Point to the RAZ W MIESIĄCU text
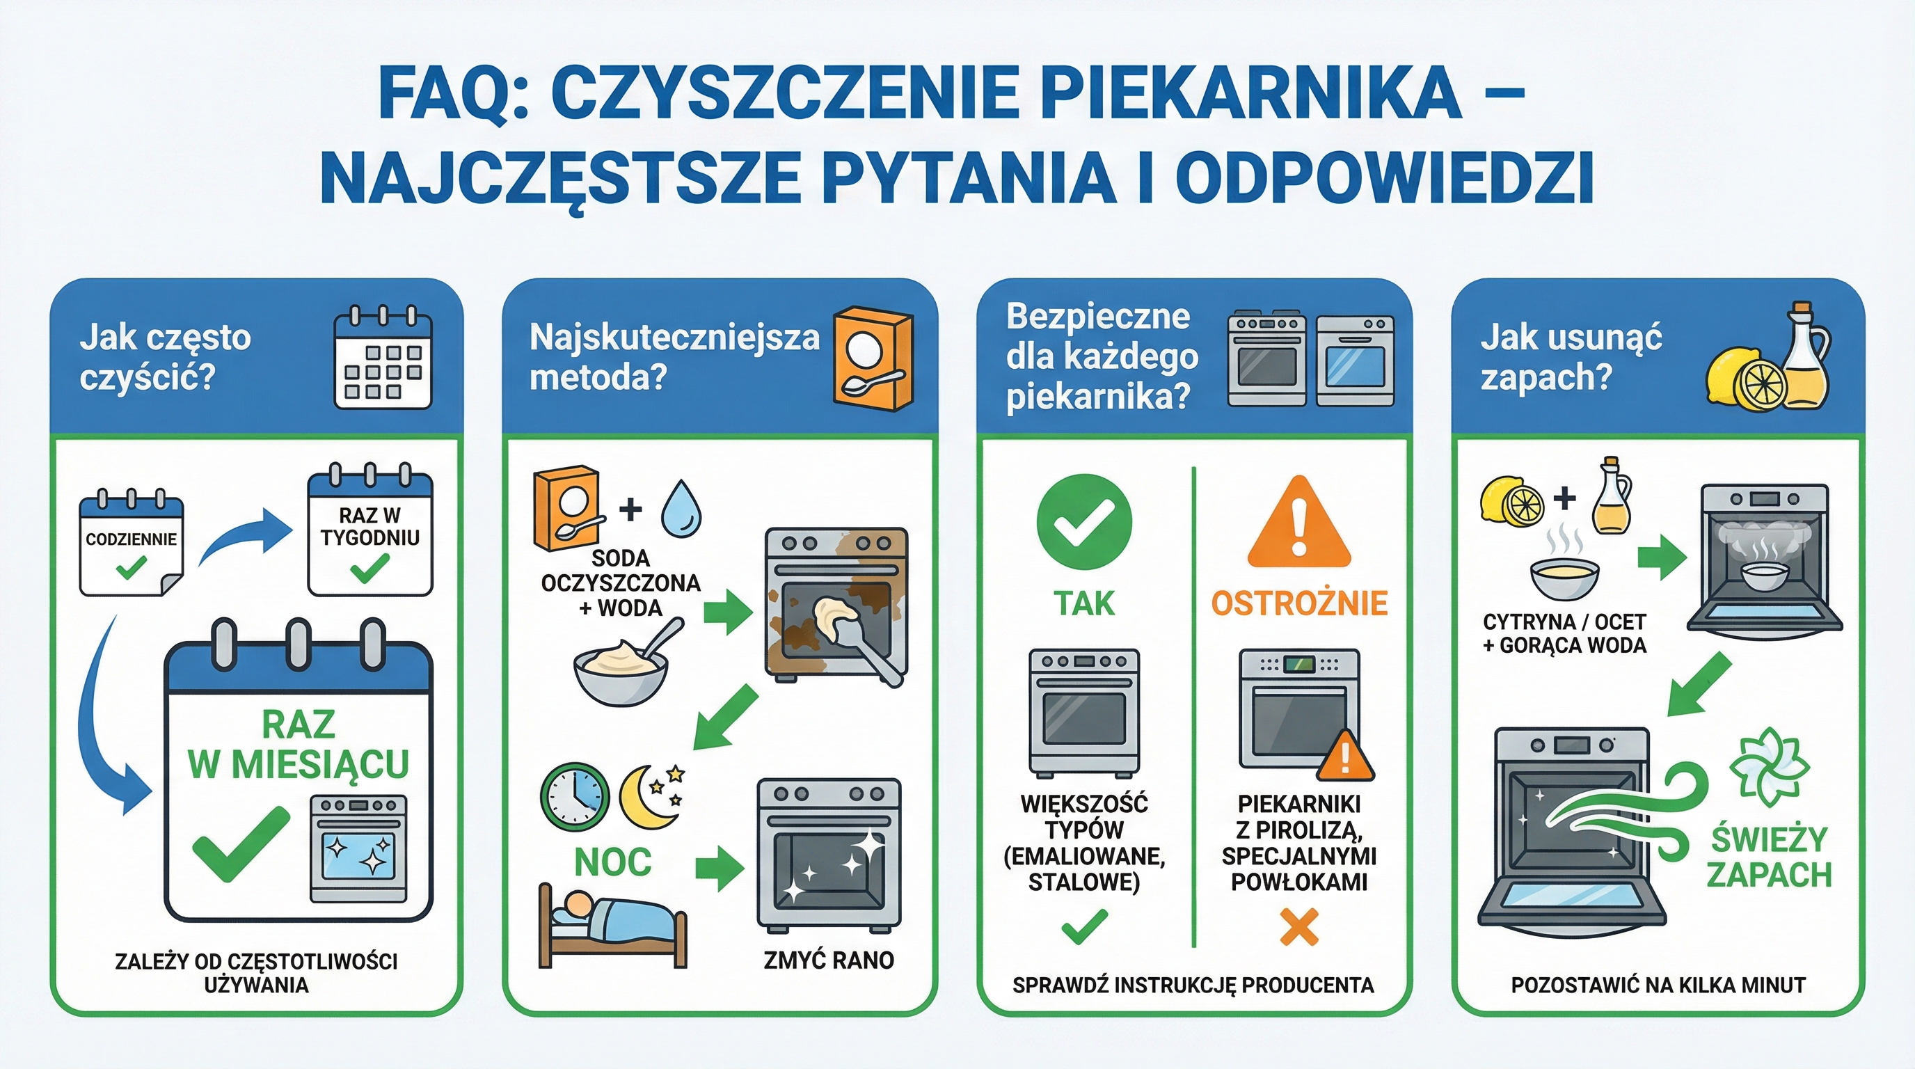(298, 744)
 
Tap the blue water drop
(681, 509)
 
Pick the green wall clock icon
(574, 796)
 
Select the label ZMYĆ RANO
(828, 960)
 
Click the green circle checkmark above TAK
(1084, 522)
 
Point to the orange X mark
(1298, 927)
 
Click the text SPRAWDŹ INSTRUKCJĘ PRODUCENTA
(1193, 985)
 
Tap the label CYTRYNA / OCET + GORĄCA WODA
(1564, 633)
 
